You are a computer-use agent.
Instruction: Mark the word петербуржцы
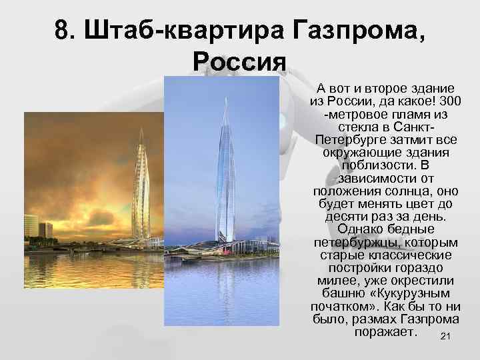click(351, 242)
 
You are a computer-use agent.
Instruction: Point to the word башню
click(339, 293)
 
